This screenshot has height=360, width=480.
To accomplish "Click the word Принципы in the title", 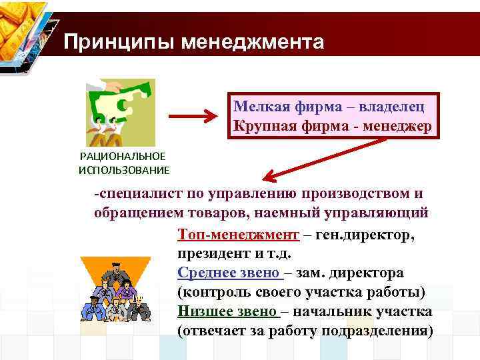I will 111,42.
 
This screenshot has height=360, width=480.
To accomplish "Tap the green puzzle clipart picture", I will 119,112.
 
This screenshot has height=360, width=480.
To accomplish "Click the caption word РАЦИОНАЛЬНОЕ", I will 122,157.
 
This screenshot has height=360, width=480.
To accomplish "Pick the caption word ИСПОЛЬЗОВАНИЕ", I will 123,170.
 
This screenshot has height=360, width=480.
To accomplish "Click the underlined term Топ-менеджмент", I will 238,235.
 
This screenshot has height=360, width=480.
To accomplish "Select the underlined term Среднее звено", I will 229,273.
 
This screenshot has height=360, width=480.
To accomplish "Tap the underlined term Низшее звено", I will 227,311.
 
